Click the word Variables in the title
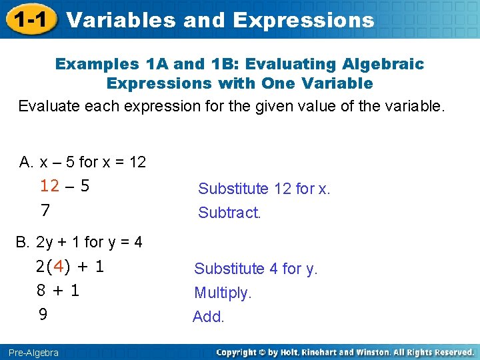tap(122, 20)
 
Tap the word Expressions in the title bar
tap(303, 20)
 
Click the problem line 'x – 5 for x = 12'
tap(93, 162)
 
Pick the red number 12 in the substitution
tap(49, 186)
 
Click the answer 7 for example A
tap(45, 211)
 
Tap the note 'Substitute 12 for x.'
tap(264, 189)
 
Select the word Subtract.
tap(229, 213)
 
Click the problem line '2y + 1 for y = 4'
tap(89, 242)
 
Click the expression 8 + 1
tap(58, 291)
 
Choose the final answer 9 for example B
tap(43, 314)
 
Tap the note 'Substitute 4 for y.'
tap(256, 269)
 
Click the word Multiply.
tap(223, 293)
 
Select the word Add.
tap(209, 317)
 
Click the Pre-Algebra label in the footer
tap(34, 352)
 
